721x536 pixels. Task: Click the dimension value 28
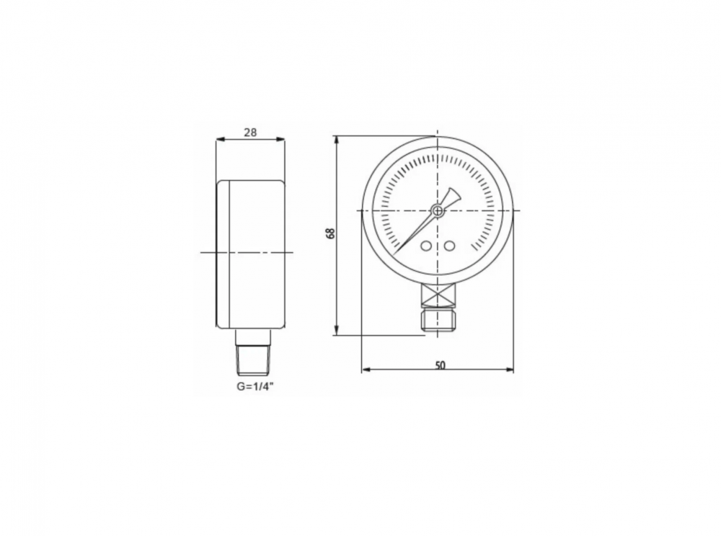[x=250, y=133]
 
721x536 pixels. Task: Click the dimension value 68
[x=330, y=233]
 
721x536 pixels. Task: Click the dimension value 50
[x=440, y=365]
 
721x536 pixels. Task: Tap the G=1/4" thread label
[x=255, y=387]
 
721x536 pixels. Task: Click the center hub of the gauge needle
[x=437, y=211]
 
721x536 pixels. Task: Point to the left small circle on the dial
[x=426, y=246]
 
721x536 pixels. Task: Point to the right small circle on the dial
[x=449, y=246]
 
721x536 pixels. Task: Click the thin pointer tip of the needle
[x=394, y=254]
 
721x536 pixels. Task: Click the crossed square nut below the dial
[x=438, y=295]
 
